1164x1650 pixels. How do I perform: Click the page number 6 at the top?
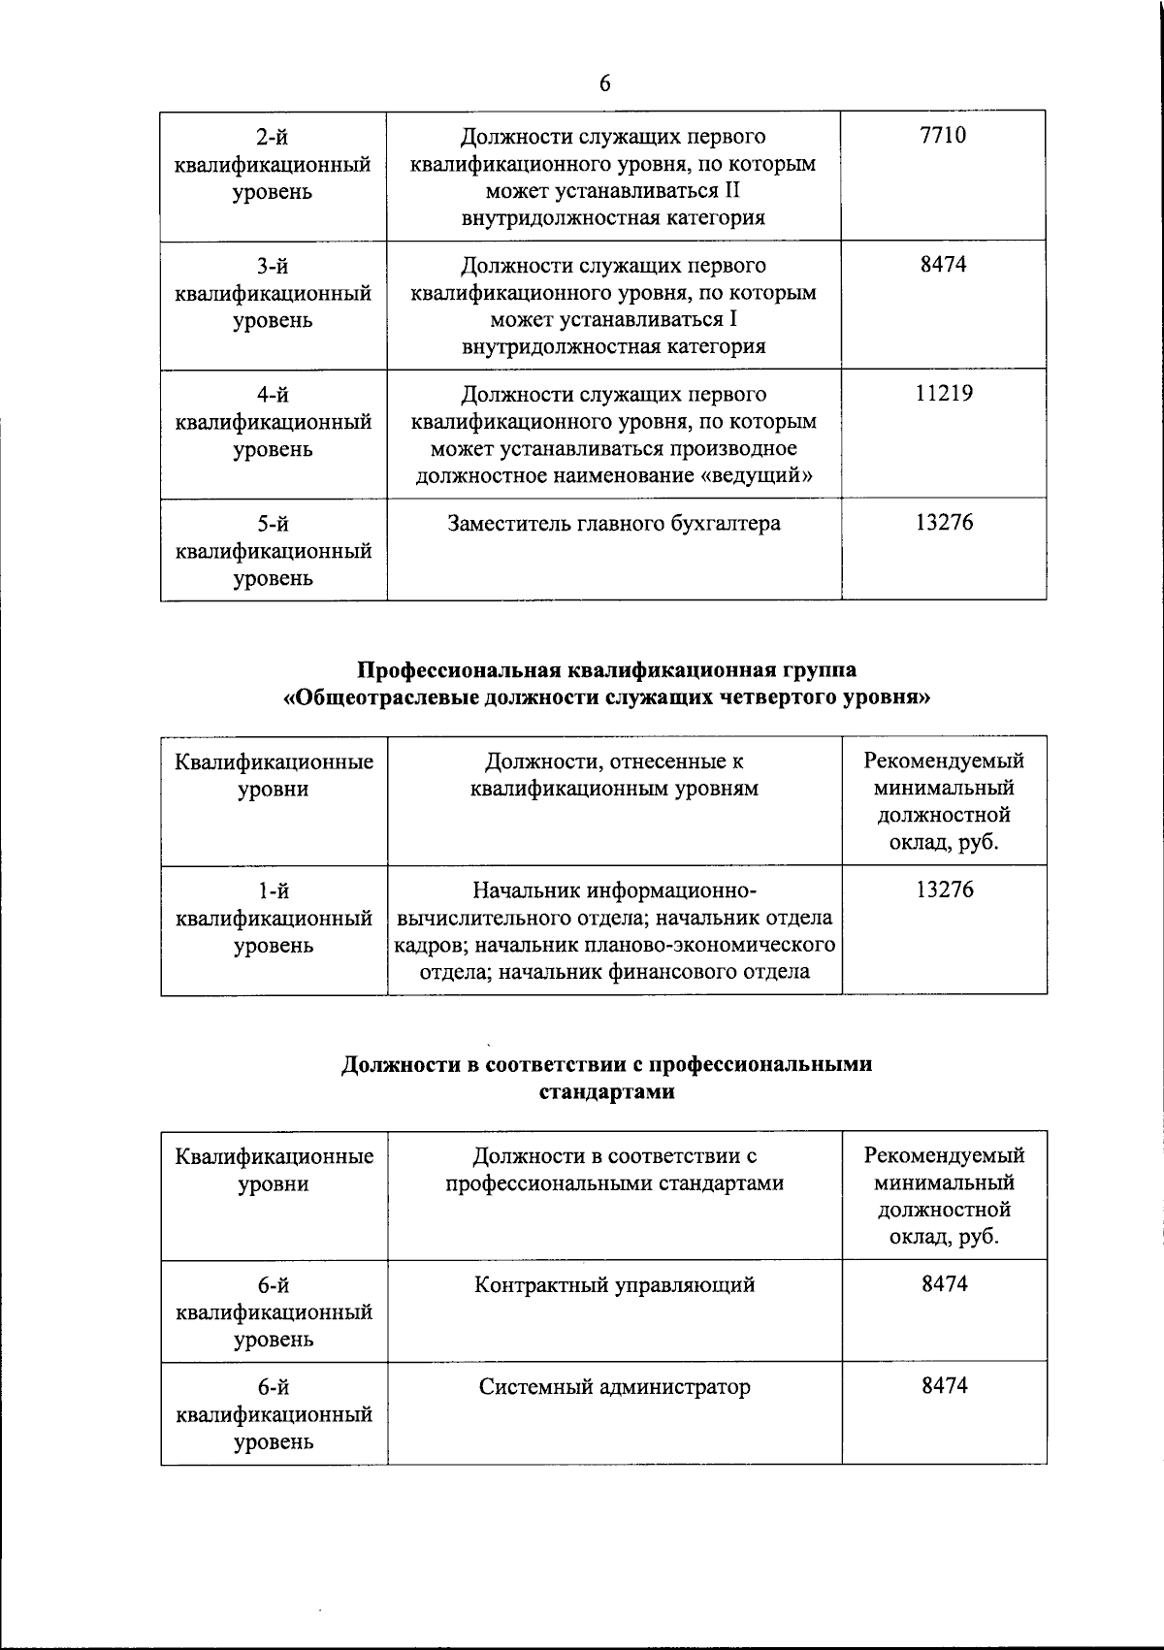[604, 84]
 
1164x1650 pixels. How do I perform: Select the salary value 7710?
[943, 136]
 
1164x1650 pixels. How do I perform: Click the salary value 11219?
[943, 394]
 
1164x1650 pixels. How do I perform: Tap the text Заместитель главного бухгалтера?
[613, 524]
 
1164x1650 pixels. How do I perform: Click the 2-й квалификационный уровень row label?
[273, 164]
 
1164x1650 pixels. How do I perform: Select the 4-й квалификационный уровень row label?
[273, 422]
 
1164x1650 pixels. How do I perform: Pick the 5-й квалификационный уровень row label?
[273, 551]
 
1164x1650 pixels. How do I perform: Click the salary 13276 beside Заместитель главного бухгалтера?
[943, 524]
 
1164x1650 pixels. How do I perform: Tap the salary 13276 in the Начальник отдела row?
[943, 890]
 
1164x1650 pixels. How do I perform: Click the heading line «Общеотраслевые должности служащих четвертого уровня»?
[605, 697]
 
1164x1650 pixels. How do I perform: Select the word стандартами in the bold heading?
[605, 1092]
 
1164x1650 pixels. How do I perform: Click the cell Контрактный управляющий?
[614, 1285]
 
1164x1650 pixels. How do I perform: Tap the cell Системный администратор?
[614, 1387]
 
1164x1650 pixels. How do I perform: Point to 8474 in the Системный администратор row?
[944, 1387]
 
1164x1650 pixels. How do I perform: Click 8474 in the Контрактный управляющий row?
[944, 1285]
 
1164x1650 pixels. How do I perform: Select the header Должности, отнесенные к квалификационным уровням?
[614, 775]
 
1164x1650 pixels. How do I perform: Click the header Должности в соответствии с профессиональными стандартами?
[614, 1170]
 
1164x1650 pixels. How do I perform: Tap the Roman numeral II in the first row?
[732, 190]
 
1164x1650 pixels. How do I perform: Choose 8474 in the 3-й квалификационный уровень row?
[943, 265]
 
